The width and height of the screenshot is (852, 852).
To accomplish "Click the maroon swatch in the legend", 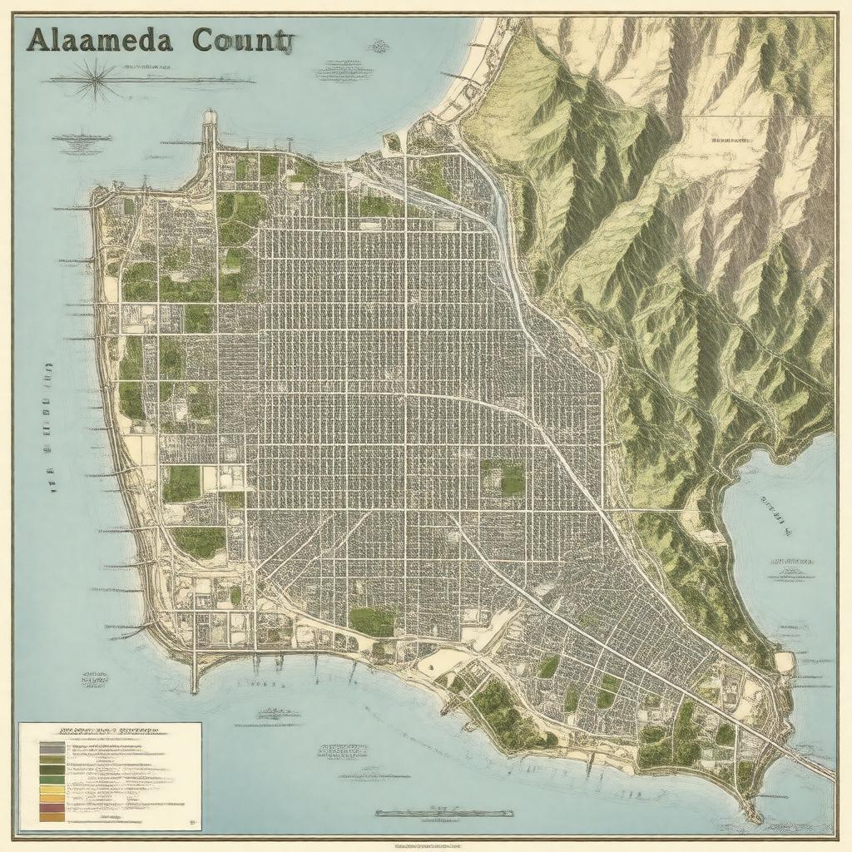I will point(51,807).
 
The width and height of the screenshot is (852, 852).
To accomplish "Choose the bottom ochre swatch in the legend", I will point(51,817).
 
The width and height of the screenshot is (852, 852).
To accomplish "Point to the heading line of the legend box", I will point(108,729).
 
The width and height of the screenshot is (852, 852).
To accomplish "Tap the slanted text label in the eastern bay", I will point(774,511).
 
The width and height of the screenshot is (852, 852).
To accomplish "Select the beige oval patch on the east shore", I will point(784,662).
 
